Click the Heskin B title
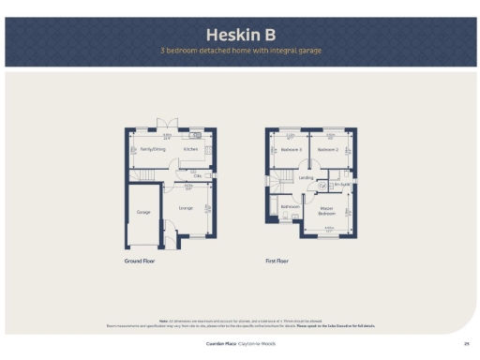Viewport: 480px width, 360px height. tap(239, 34)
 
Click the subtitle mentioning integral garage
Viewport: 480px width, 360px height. tap(239, 51)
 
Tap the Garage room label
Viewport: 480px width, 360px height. tap(143, 213)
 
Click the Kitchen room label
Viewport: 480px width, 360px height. tap(190, 149)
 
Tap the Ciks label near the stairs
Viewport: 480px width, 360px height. tap(198, 175)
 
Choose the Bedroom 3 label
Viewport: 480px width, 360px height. tap(291, 149)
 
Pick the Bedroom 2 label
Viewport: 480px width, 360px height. tap(327, 149)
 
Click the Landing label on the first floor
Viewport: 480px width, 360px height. tap(306, 176)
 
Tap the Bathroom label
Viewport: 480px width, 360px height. tap(290, 206)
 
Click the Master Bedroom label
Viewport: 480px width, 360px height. tap(327, 210)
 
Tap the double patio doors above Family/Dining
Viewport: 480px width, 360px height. tap(166, 125)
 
